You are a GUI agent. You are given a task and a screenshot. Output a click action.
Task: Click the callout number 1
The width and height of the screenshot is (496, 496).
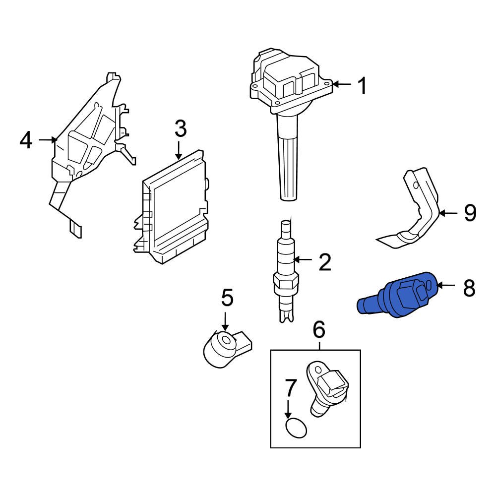[363, 86]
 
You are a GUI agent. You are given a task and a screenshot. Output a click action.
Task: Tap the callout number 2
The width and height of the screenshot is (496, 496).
[324, 262]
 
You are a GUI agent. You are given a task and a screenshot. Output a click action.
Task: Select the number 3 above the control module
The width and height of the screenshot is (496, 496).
[180, 129]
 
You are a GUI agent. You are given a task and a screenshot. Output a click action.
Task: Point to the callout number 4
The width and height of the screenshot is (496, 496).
[25, 140]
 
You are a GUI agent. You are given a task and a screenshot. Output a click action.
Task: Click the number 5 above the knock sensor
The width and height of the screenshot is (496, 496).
[227, 299]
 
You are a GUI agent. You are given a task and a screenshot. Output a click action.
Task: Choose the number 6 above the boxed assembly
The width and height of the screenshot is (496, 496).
[318, 328]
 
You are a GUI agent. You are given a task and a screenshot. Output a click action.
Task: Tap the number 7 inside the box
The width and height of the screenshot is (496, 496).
[291, 387]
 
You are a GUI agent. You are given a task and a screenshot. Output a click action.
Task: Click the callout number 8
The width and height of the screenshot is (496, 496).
[469, 288]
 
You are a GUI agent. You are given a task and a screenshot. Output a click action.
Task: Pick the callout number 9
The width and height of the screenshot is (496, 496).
[470, 213]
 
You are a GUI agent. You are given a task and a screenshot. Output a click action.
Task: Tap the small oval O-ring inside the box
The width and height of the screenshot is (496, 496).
[296, 428]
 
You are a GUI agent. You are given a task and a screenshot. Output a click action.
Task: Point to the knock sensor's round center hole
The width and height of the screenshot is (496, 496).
[228, 341]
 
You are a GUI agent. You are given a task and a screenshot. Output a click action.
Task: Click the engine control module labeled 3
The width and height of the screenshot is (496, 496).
[174, 208]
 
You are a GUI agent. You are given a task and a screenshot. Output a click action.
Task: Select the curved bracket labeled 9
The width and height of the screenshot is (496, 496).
[417, 213]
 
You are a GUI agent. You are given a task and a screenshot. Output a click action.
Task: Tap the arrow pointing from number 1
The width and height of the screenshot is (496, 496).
[342, 84]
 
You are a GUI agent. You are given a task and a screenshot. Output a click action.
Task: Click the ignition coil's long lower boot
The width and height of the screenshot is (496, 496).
[288, 159]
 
